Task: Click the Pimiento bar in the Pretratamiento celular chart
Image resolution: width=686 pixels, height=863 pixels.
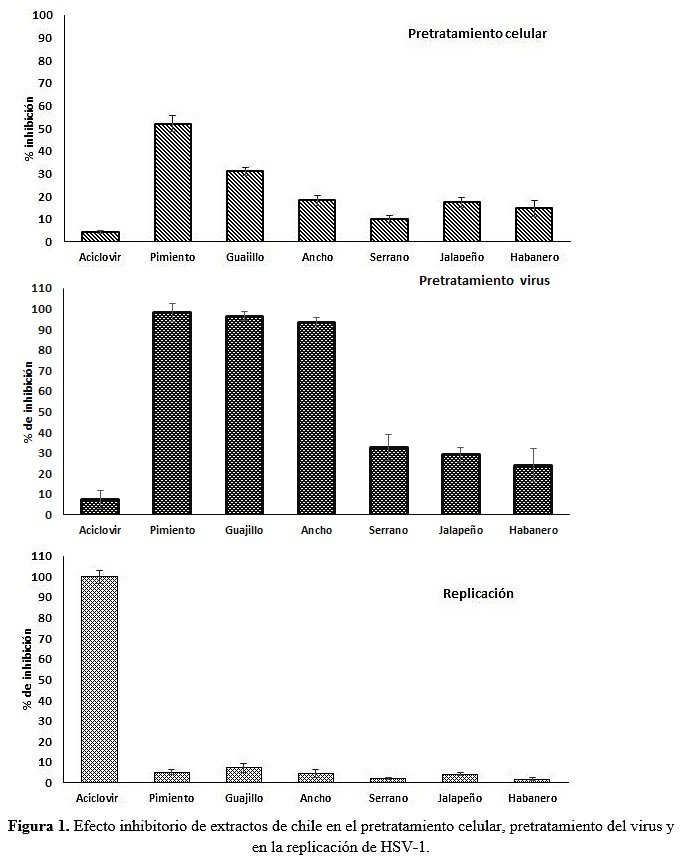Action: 172,183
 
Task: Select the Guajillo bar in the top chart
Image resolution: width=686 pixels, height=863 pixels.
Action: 245,206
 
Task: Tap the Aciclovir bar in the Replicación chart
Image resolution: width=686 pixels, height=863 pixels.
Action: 99,679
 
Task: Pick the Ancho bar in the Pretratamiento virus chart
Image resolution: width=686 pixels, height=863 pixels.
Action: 317,418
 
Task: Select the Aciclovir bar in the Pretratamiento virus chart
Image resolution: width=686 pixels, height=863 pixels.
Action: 99,506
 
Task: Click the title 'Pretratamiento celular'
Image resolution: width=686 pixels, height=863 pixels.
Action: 477,34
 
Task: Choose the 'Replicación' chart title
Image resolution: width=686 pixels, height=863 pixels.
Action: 478,593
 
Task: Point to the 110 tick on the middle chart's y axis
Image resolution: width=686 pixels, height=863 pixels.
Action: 40,288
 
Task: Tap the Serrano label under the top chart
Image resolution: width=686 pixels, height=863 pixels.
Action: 389,257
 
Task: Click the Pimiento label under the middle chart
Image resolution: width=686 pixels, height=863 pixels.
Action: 172,530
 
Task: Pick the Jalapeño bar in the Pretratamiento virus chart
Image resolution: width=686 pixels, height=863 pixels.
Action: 460,484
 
